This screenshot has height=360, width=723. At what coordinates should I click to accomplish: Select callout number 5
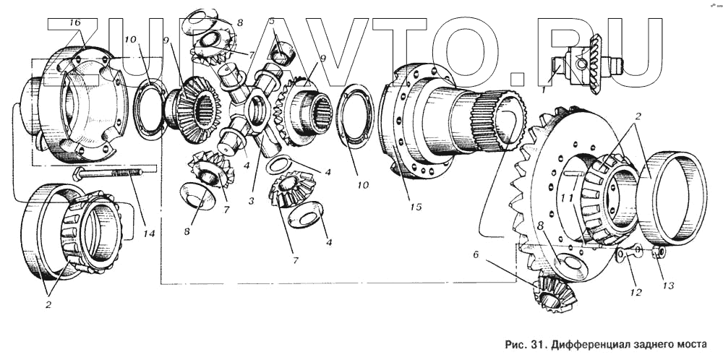(272, 21)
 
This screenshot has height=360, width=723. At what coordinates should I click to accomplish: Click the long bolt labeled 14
(115, 173)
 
